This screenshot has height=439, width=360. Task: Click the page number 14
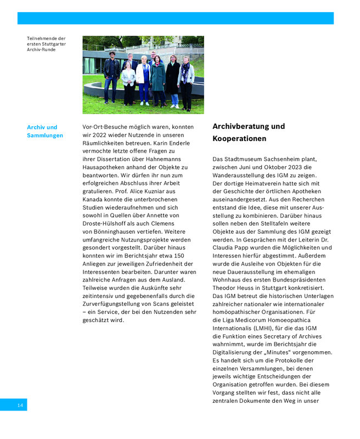tap(20, 405)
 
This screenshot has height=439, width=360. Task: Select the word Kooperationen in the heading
tap(239, 139)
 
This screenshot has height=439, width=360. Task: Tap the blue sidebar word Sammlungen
tap(45, 136)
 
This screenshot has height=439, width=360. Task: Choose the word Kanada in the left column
tap(93, 199)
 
